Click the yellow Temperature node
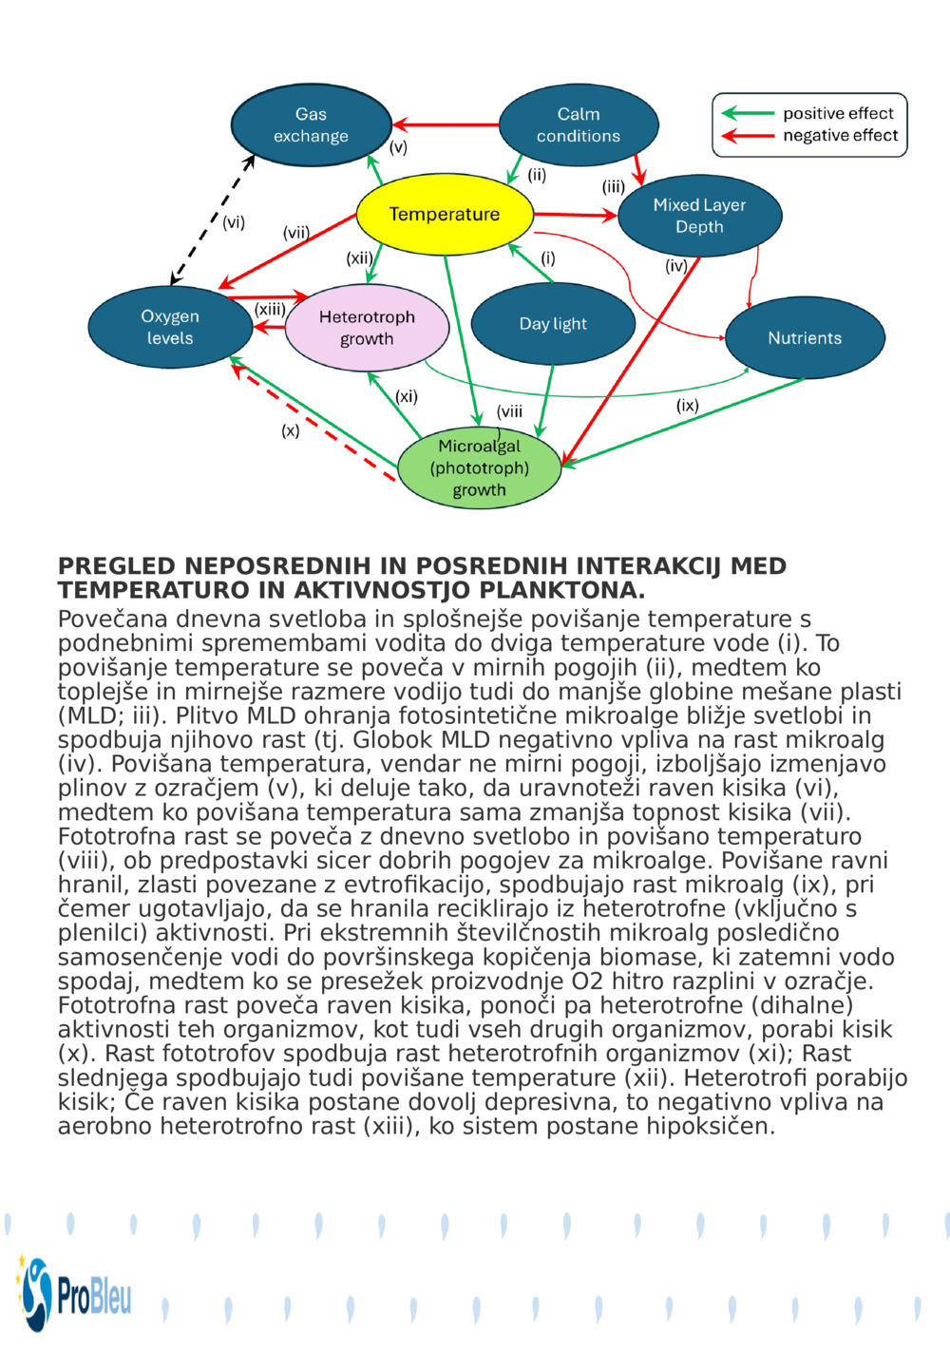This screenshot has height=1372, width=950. point(444,215)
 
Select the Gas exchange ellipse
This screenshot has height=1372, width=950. point(311,125)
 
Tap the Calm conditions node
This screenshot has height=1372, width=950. point(578,125)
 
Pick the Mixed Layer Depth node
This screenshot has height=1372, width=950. point(699,216)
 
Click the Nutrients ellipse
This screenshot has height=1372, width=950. point(805,338)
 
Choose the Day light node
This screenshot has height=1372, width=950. point(553,324)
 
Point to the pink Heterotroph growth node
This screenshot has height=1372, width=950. point(367,328)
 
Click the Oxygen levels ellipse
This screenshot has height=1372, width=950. point(170,327)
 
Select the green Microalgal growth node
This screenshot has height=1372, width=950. point(479,468)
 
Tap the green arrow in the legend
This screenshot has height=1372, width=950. point(748,113)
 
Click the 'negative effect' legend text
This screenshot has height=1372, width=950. point(840,136)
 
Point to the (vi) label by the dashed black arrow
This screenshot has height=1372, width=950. point(234,222)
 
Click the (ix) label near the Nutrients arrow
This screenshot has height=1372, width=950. point(687,406)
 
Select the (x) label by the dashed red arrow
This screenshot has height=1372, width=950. point(290,430)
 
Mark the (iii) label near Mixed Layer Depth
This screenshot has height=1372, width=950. point(613,187)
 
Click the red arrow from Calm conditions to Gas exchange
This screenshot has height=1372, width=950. point(446,124)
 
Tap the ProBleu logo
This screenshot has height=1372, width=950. point(74,1293)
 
